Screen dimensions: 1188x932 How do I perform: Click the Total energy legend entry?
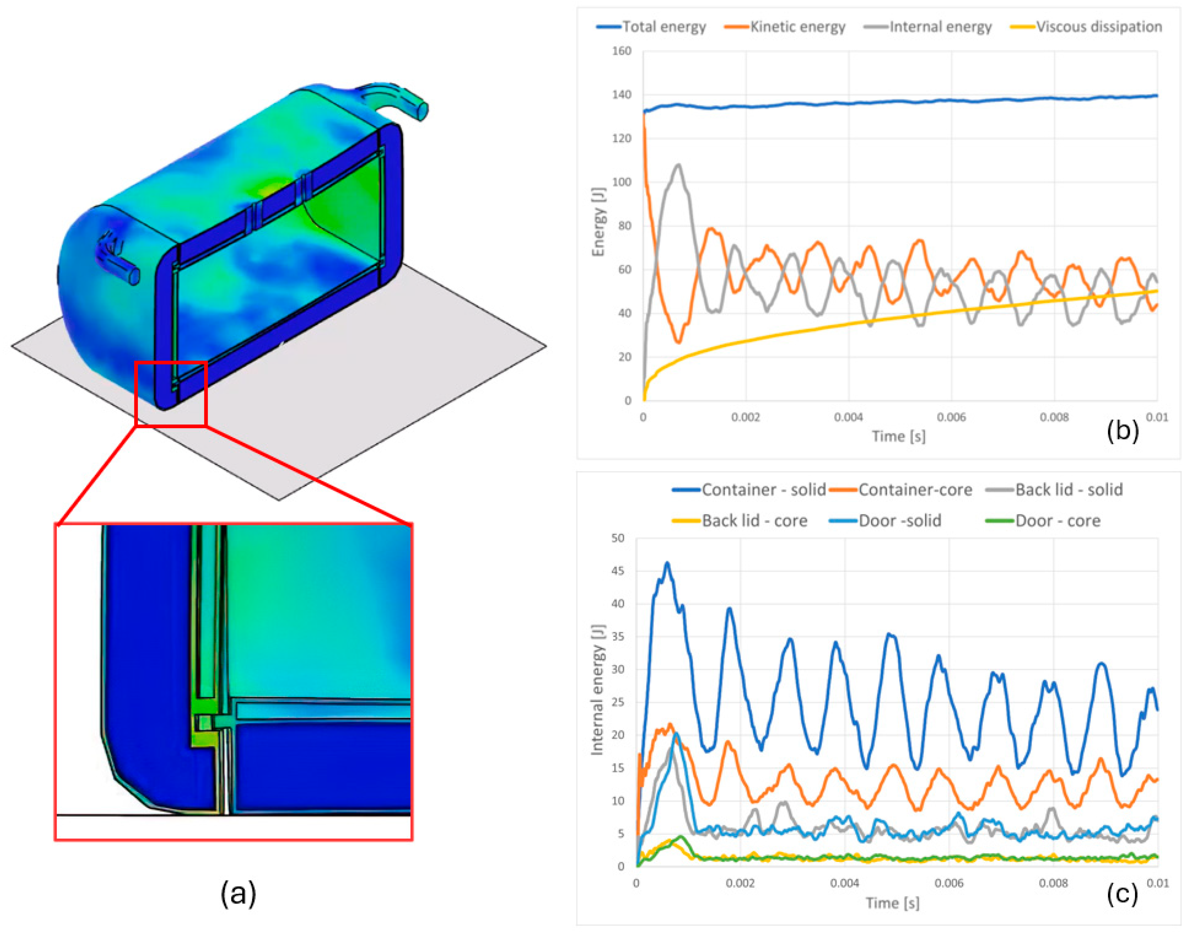pos(651,27)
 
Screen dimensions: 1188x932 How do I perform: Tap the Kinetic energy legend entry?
pos(785,27)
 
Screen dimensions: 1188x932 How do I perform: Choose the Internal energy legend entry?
pos(928,27)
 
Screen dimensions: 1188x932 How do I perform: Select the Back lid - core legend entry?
pos(739,521)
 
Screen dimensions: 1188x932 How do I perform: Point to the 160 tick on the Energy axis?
pos(621,51)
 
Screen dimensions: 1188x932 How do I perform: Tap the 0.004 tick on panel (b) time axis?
pos(849,417)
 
